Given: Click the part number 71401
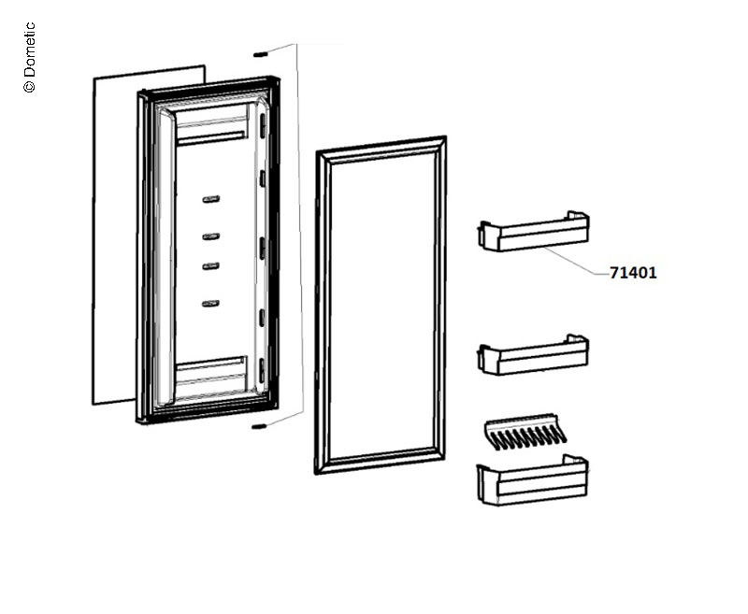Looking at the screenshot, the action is [x=633, y=273].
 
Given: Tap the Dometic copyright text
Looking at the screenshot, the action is [x=29, y=57].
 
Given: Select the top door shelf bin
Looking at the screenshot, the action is [x=533, y=231].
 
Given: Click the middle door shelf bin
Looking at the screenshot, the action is [x=533, y=355].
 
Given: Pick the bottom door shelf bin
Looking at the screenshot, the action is [x=532, y=480].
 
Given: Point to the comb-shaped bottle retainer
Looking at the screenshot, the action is [x=525, y=432].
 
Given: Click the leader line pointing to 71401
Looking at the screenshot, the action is [x=576, y=261].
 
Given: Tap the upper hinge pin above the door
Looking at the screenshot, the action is [x=260, y=54].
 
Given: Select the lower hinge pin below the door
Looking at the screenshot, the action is [x=258, y=427].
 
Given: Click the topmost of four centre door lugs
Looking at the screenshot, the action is [x=211, y=199].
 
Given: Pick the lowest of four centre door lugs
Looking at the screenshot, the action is [x=210, y=303].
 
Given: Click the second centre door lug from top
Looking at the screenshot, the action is [x=211, y=236].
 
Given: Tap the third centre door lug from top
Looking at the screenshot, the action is [x=210, y=266].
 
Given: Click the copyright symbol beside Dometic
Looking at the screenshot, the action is [x=29, y=86].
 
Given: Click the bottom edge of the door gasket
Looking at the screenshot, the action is [x=380, y=462].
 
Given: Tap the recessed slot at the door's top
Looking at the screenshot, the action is [x=211, y=138].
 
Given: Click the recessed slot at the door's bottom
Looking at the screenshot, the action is [x=210, y=367].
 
